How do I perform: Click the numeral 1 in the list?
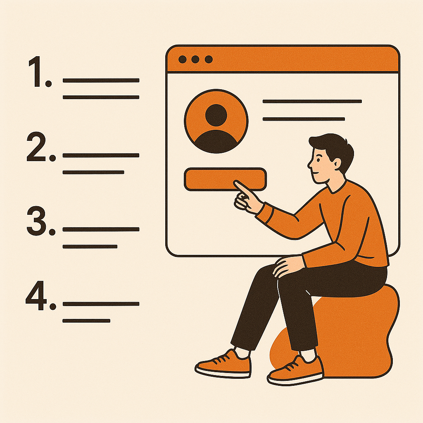pos(36,71)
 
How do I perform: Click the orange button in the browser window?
pos(225,179)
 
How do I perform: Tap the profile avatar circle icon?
pos(216,121)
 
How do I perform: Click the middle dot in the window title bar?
pos(195,59)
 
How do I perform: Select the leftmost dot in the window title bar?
pos(182,59)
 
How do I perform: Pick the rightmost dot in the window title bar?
pos(209,59)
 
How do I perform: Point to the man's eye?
pos(318,160)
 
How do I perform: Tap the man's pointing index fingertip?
pos(235,183)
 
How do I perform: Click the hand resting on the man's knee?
pos(287,266)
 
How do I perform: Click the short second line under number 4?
pos(86,321)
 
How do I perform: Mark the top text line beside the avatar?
pos(312,102)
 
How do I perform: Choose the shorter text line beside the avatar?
pos(304,119)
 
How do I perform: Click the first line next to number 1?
pos(101,81)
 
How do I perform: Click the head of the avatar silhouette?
pos(216,115)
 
